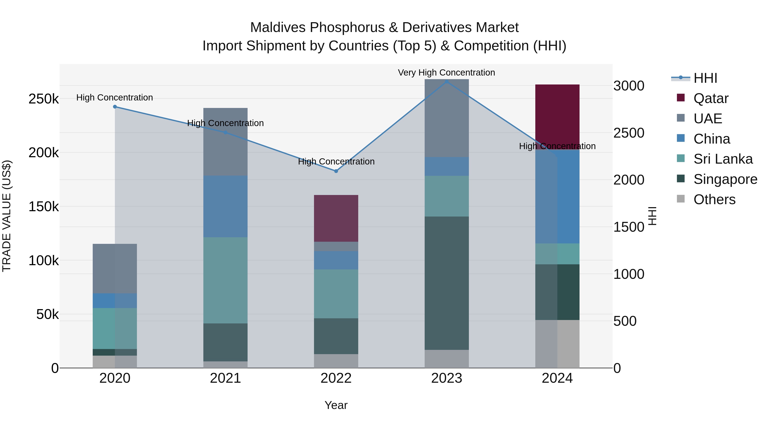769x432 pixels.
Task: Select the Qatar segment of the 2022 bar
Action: click(336, 218)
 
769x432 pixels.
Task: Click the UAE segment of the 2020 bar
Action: click(115, 268)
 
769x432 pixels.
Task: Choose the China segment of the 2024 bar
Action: click(557, 197)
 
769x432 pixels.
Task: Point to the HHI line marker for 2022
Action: click(336, 171)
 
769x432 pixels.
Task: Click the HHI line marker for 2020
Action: click(115, 107)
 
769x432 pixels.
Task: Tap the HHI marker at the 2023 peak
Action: click(447, 81)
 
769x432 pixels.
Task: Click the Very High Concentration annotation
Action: click(446, 73)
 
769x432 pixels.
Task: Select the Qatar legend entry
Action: click(710, 98)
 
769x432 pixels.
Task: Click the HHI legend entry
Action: click(705, 78)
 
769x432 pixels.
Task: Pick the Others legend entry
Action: click(714, 199)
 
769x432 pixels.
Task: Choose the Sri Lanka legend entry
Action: click(722, 159)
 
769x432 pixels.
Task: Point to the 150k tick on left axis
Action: click(44, 206)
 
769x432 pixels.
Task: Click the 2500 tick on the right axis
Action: click(629, 133)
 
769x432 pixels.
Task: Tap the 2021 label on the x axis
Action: click(225, 378)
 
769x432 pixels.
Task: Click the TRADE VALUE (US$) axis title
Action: click(7, 216)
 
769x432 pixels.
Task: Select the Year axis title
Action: click(336, 405)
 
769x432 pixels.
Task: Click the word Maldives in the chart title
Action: click(278, 28)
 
